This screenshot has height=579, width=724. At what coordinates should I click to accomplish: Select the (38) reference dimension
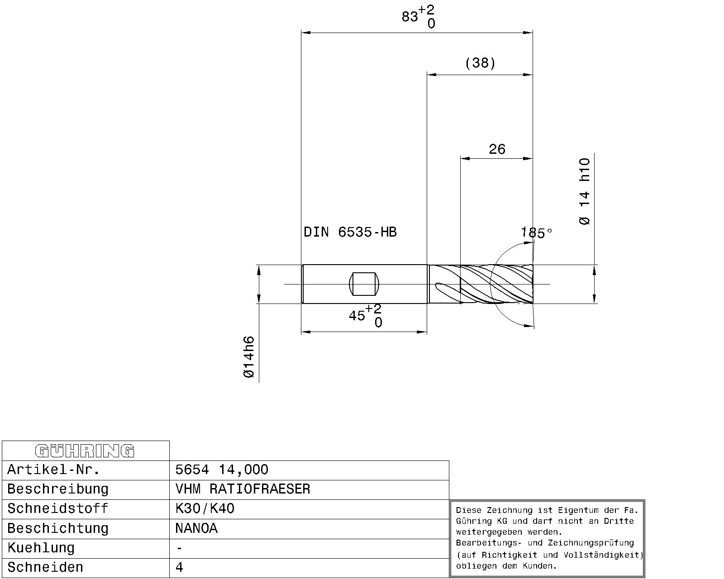coord(480,63)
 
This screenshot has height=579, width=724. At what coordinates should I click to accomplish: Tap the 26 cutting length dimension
coord(497,149)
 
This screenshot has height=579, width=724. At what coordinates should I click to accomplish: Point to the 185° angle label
coord(536,233)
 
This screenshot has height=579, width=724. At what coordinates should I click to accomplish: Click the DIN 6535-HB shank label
coord(350,232)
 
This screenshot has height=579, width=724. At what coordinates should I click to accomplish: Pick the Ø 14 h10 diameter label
coord(585,191)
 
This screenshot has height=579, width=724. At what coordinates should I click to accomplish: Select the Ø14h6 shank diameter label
coord(249,357)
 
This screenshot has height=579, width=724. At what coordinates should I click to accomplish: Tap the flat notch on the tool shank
coord(364,284)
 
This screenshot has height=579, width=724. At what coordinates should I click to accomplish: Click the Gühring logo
coord(85,451)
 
